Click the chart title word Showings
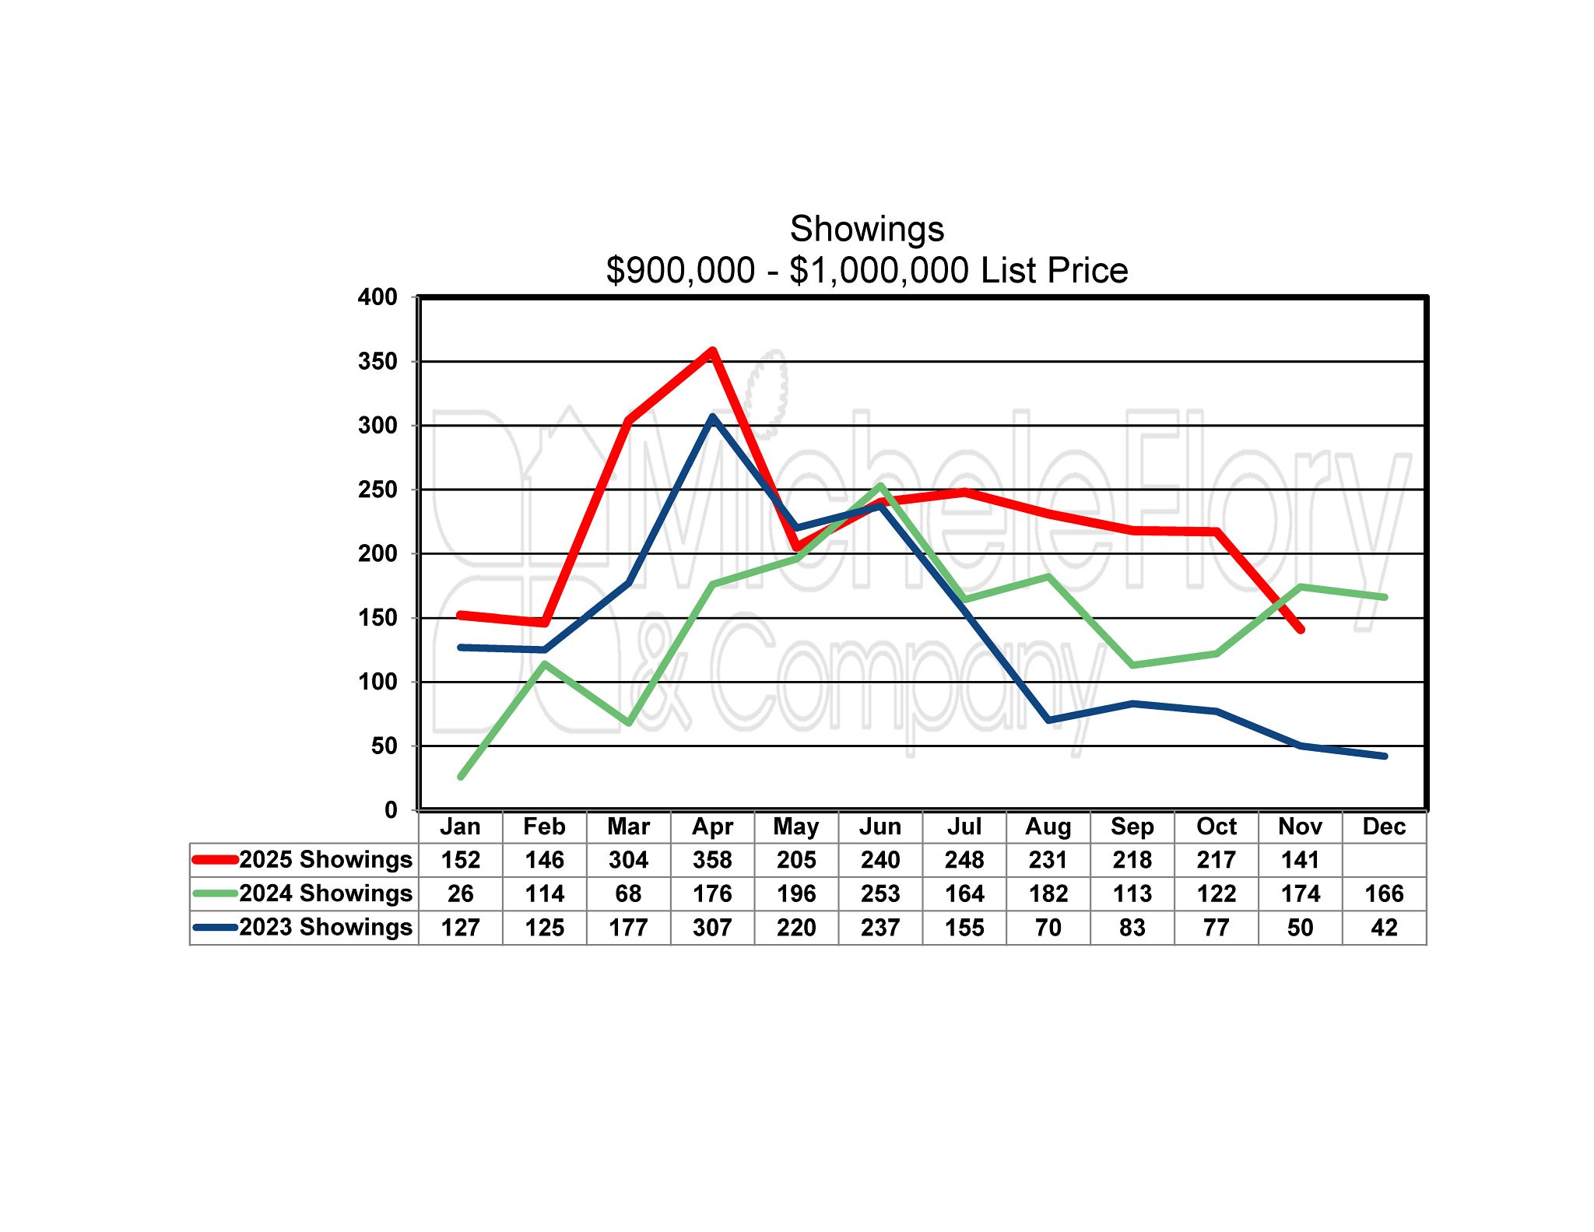[x=866, y=230]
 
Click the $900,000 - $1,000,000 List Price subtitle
[x=866, y=271]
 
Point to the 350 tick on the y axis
[x=377, y=361]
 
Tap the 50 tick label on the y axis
[x=384, y=746]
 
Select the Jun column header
[x=880, y=827]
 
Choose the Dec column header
[x=1383, y=827]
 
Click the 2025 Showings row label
[x=325, y=859]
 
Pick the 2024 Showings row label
[x=325, y=893]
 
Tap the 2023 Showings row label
[x=325, y=927]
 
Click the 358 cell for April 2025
[x=712, y=860]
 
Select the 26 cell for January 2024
[x=460, y=893]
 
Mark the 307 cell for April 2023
[x=712, y=928]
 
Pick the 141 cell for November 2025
[x=1300, y=860]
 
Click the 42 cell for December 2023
[x=1384, y=928]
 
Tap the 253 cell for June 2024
[x=880, y=893]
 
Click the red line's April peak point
[x=712, y=351]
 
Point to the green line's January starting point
[x=461, y=777]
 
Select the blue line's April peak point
[x=712, y=416]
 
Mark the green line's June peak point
[x=880, y=486]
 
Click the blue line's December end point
[x=1385, y=756]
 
